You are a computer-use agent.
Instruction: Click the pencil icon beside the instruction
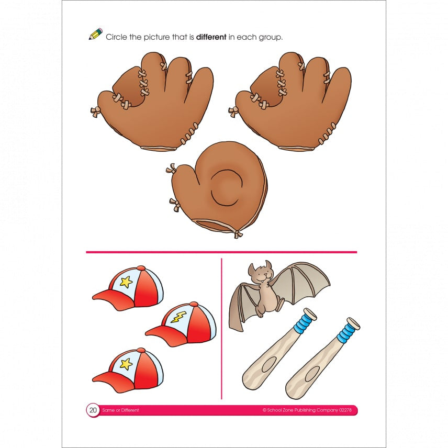(96, 35)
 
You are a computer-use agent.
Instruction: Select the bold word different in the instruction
(211, 37)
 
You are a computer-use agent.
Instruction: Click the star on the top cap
(126, 282)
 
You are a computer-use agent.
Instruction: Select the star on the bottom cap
(126, 364)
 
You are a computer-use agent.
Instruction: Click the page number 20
(93, 410)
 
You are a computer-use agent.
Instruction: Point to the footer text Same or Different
(121, 410)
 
